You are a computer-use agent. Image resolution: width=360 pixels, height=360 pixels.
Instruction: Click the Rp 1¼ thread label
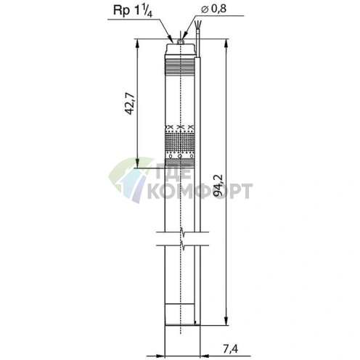click(x=133, y=12)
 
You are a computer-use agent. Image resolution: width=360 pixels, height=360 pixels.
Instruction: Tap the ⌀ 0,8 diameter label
click(x=213, y=9)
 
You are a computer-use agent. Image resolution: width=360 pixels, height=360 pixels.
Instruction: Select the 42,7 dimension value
click(x=129, y=103)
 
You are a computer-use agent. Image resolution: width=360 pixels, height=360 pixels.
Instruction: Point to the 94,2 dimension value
click(x=218, y=185)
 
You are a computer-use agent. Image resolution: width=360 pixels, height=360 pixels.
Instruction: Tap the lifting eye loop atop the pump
click(x=180, y=42)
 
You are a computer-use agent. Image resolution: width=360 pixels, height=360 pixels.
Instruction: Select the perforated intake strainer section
click(x=179, y=143)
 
